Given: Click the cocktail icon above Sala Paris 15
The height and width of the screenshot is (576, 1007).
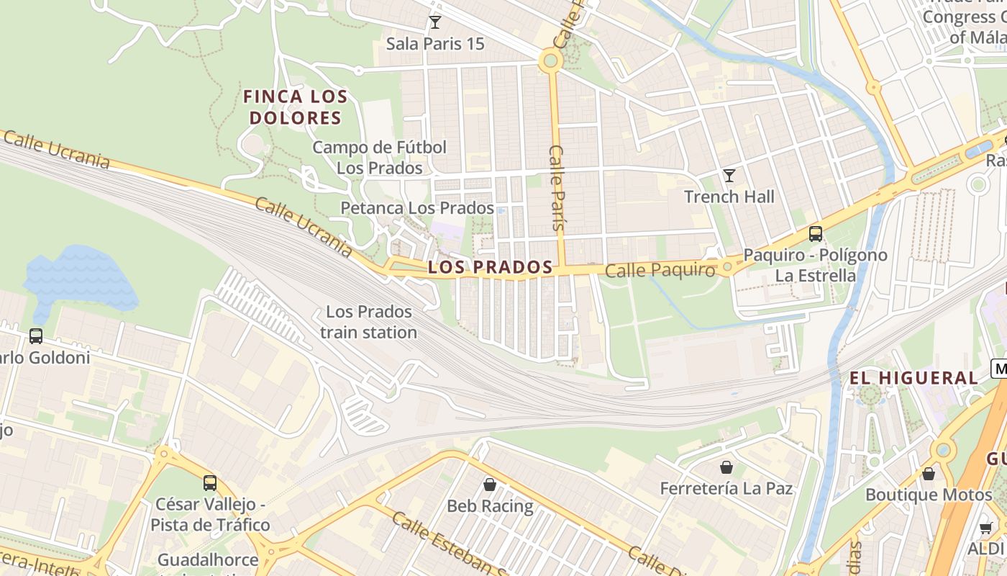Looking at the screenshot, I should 434,22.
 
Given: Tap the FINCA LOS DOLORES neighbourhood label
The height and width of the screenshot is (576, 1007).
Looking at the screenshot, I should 295,107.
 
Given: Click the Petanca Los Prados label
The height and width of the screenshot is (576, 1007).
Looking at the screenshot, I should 417,209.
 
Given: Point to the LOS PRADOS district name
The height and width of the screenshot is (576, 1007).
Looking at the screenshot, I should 490,267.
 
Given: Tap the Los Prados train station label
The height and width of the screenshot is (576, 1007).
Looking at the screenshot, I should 368,322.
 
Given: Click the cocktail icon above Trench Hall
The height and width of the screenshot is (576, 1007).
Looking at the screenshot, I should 729,175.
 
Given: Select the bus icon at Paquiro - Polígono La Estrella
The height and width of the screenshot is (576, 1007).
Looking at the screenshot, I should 815,233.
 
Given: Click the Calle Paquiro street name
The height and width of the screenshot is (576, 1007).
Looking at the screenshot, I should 660,271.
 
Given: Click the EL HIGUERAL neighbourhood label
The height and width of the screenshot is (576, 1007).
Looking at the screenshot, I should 913,378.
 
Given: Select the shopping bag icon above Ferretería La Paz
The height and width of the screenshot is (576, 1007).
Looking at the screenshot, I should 726,467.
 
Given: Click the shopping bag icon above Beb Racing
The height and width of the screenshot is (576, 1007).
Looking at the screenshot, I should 490,484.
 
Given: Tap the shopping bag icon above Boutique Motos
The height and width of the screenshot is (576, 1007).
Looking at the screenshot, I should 929,474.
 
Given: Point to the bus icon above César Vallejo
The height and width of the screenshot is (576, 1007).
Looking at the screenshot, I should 210,482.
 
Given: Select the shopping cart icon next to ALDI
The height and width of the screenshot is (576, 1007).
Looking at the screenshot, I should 986,528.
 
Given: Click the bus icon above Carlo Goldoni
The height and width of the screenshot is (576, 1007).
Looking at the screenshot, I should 36,336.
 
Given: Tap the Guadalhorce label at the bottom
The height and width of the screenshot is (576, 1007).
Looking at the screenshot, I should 208,560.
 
